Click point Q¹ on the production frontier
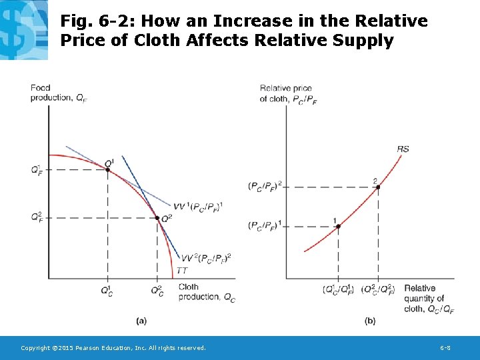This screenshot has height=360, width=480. pos(107,169)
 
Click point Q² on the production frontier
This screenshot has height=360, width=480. pos(157,218)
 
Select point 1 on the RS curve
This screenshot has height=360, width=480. pos(338,227)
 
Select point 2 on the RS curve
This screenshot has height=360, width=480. pos(378,187)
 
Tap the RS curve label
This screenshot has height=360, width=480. pos(403,149)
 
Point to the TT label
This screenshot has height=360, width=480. pos(182,270)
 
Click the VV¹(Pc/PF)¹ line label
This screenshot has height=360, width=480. pos(197,206)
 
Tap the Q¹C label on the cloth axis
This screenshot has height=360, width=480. pos(107,290)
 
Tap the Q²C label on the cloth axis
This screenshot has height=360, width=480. pos(157,290)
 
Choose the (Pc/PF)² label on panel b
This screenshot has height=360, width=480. pos(265,186)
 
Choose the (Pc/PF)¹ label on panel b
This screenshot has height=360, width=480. pos(265,226)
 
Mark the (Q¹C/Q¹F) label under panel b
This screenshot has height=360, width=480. pos(338,290)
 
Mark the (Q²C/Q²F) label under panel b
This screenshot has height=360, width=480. pos(378,290)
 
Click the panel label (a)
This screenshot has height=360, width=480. pos(141,321)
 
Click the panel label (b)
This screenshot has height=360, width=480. pos(370,321)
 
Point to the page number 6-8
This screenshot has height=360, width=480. pos(447,348)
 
